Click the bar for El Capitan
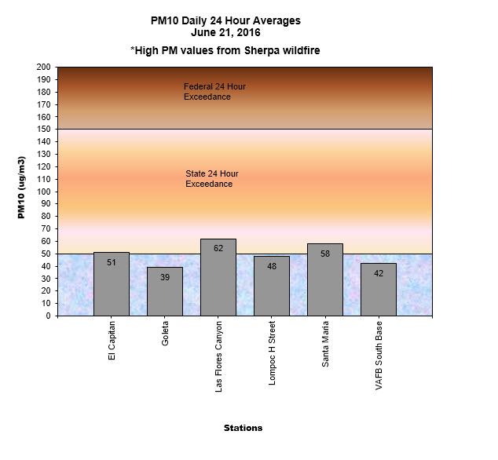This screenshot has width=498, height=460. (x=112, y=284)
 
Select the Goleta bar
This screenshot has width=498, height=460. (x=165, y=291)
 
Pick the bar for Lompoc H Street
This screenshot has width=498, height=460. (x=272, y=286)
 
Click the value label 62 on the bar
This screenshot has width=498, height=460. (x=218, y=248)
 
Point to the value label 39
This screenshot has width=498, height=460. (x=165, y=277)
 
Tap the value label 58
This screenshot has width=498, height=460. (x=325, y=254)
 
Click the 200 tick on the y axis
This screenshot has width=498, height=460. (x=43, y=68)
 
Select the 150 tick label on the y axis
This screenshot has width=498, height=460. (x=43, y=130)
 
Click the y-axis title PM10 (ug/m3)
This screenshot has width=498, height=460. (x=22, y=192)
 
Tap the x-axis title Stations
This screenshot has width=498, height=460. (x=243, y=429)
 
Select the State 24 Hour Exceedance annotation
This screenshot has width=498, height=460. (x=211, y=179)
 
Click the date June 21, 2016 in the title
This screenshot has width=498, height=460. (x=225, y=33)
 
